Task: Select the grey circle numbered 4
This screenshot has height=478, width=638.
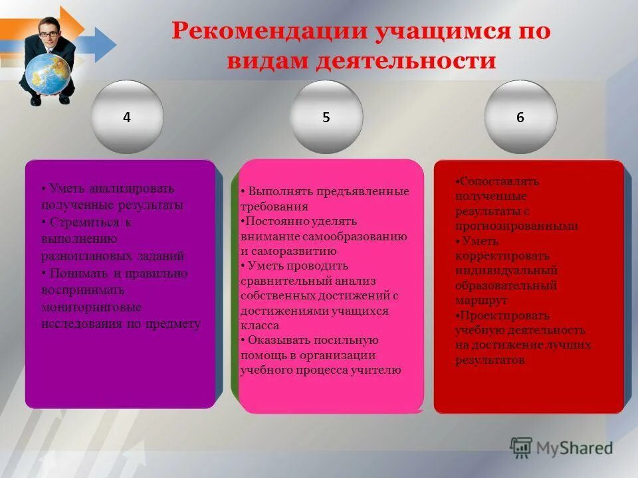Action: (x=127, y=117)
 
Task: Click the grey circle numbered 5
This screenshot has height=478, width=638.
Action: (x=326, y=117)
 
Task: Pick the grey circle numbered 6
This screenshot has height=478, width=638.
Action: (x=520, y=117)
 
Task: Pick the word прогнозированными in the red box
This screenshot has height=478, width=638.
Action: (x=516, y=226)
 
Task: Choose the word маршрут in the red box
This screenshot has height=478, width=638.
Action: (x=481, y=301)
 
